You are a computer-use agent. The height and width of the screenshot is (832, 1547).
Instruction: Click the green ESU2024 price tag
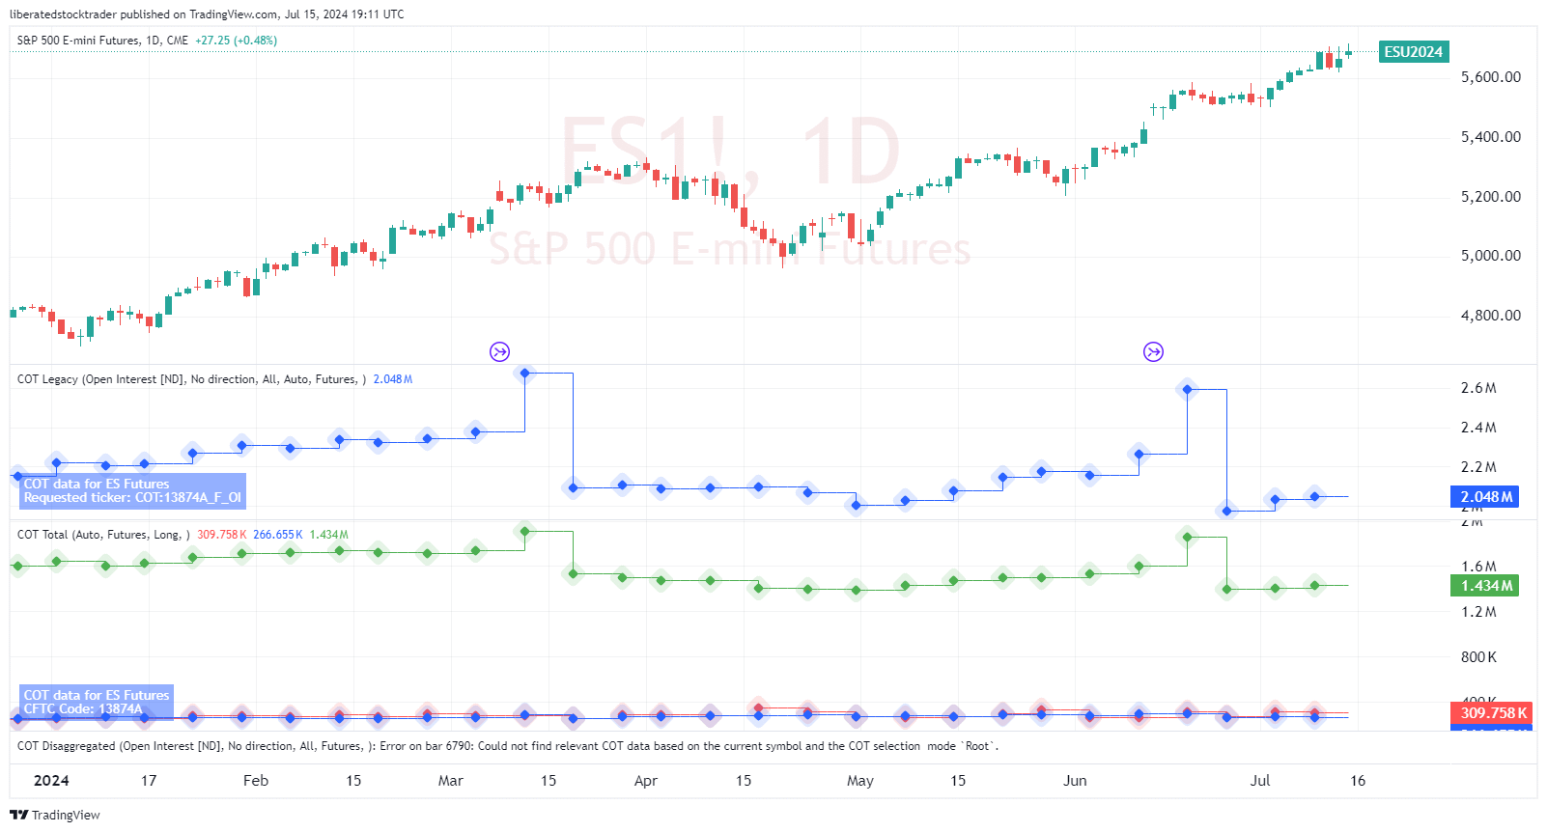coord(1413,52)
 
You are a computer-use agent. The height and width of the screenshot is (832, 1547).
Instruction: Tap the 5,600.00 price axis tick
coord(1490,77)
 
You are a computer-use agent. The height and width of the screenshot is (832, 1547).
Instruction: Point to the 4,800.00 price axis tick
coord(1490,316)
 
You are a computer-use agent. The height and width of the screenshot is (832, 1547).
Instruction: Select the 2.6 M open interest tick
coord(1477,388)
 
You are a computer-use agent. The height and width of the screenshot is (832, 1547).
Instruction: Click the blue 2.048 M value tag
coord(1485,497)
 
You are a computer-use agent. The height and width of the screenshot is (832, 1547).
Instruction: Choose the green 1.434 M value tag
coord(1485,586)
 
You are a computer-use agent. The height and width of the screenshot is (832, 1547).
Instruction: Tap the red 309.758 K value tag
coord(1493,712)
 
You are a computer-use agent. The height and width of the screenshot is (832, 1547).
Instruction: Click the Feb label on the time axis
coord(256,781)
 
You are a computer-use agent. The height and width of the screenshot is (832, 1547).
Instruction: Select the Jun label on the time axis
coord(1075,781)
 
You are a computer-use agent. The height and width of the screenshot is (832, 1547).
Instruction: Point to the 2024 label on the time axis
coord(51,781)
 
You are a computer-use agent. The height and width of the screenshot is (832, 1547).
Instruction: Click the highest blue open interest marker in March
coord(524,373)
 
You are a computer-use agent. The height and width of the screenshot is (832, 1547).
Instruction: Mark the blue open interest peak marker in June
coord(1188,389)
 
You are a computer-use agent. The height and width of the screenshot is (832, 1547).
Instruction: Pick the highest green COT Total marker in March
coord(524,531)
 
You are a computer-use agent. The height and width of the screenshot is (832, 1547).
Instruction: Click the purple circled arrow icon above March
coord(499,351)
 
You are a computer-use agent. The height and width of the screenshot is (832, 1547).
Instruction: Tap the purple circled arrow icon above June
coord(1153,351)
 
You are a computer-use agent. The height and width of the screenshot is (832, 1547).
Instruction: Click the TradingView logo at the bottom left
coord(55,816)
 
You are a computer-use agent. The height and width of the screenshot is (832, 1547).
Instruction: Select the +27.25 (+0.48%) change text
coord(236,41)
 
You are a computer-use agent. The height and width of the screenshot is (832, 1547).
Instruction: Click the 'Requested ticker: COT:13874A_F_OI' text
coord(132,498)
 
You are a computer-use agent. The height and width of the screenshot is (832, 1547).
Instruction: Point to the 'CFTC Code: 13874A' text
coord(83,709)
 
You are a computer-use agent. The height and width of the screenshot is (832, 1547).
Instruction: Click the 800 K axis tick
coord(1477,657)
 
